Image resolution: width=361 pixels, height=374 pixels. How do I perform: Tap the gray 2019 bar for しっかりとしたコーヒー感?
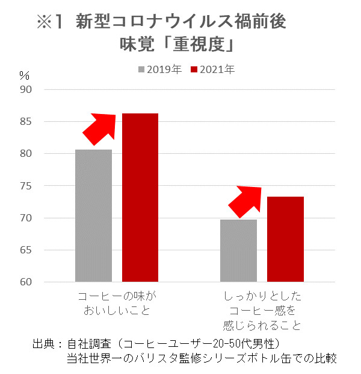(238, 250)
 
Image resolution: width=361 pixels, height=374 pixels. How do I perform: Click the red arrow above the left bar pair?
(99, 128)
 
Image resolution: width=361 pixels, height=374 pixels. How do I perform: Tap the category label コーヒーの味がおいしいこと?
(117, 304)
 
